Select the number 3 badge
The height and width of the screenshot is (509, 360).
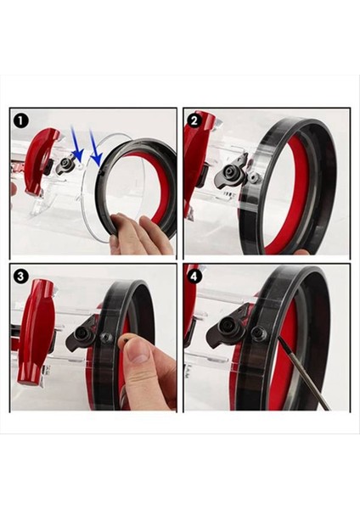coord(21,277)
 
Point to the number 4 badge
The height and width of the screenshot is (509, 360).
coord(195,277)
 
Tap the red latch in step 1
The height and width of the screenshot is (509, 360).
coord(42,160)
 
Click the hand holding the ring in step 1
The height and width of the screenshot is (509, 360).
coord(136,233)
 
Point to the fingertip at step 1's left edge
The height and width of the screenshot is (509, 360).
coord(13,188)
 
